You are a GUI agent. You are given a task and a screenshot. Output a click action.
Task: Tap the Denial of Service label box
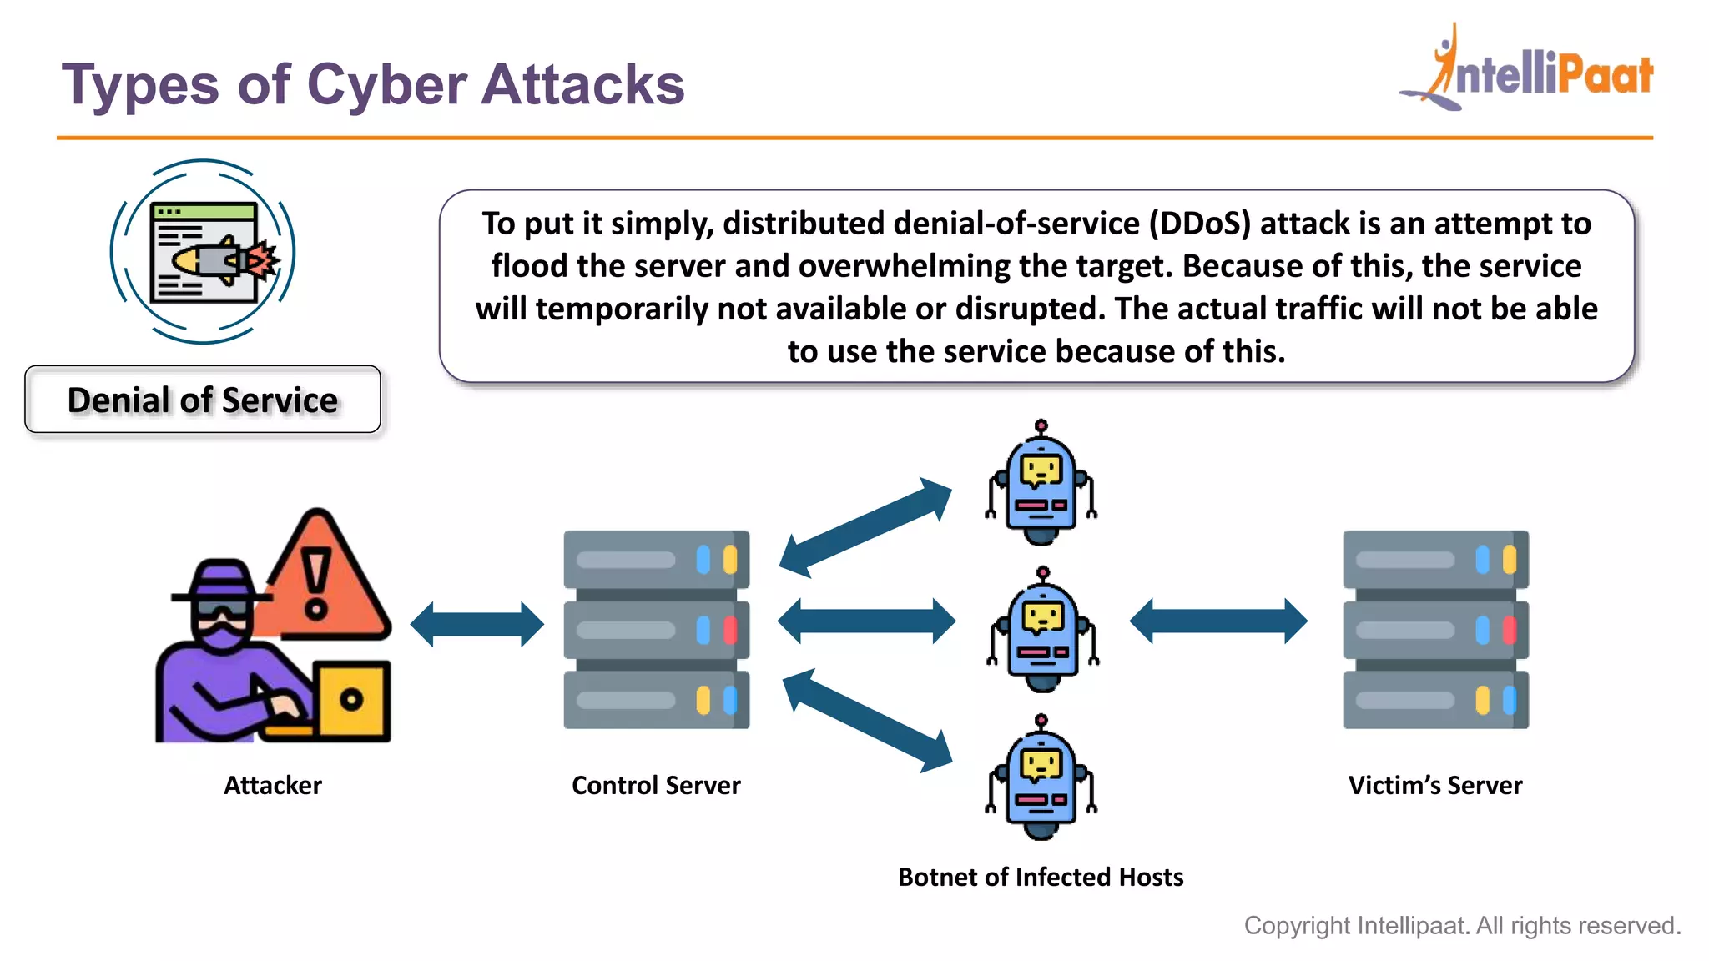(x=203, y=400)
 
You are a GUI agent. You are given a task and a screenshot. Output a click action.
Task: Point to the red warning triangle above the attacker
(x=321, y=579)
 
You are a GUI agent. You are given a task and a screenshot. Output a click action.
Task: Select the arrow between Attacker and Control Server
(x=477, y=624)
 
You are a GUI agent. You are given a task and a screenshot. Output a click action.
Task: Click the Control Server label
(x=656, y=785)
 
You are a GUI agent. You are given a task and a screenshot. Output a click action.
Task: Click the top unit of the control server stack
(x=656, y=559)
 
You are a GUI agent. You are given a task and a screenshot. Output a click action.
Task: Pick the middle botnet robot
(x=1043, y=632)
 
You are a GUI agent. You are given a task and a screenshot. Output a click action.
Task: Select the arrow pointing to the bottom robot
(x=868, y=720)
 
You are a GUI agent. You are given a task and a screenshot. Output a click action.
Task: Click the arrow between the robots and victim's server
(x=1218, y=621)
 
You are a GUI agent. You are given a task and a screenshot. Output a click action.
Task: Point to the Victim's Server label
(x=1435, y=785)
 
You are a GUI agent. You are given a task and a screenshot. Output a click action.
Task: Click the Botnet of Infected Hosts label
(x=1041, y=877)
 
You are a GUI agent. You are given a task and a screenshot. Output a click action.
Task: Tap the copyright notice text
(x=1462, y=925)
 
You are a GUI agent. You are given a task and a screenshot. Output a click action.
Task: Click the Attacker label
(x=273, y=785)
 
